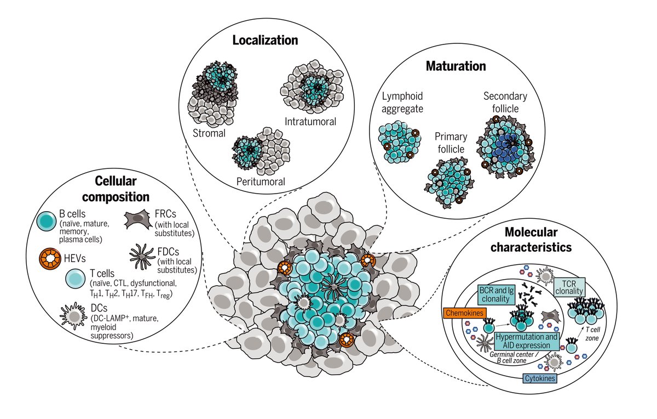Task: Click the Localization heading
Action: click(265, 40)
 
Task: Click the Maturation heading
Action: click(456, 66)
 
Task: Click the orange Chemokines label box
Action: click(465, 313)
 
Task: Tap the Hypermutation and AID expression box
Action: click(528, 341)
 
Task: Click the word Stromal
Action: click(209, 133)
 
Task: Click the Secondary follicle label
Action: click(505, 103)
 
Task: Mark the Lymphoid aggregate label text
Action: click(402, 103)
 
